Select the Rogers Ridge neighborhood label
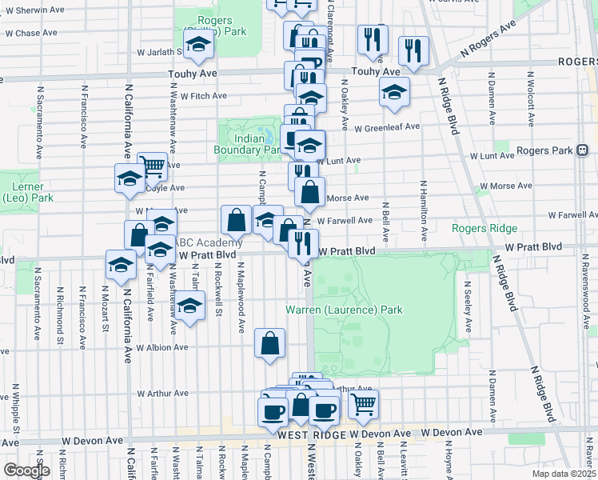pos(484,228)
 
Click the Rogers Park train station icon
pos(583,150)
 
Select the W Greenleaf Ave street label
pos(387,126)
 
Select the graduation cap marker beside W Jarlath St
pos(196,46)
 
